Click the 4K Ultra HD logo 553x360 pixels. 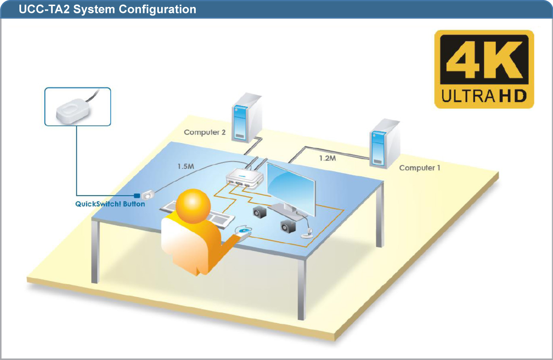(x=484, y=69)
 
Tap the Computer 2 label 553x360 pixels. (x=205, y=133)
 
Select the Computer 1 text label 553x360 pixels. (x=420, y=168)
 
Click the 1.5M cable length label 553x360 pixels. (x=186, y=167)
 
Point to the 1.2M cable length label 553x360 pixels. (x=327, y=158)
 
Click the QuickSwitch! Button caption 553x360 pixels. (x=110, y=204)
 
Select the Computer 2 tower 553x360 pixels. (x=247, y=117)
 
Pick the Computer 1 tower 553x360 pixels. (x=385, y=143)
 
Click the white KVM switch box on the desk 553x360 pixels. (x=245, y=178)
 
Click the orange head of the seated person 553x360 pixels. (x=193, y=206)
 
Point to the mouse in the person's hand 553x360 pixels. (x=243, y=231)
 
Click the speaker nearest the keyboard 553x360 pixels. (x=260, y=212)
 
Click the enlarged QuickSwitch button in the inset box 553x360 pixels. (x=72, y=111)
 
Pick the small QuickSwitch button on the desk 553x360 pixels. (x=148, y=195)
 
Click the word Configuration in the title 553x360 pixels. (x=157, y=9)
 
